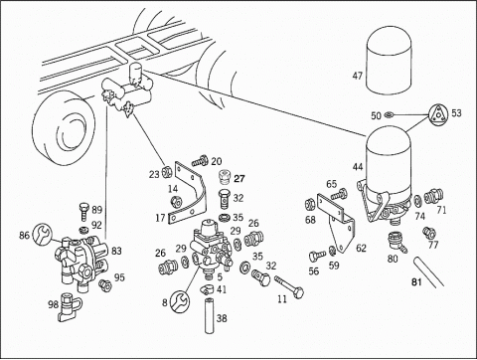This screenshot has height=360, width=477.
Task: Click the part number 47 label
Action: coord(358,76)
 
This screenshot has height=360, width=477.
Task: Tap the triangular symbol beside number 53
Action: coord(439,114)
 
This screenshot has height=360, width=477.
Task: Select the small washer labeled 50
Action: coord(389,115)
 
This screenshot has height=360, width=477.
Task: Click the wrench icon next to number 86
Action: coord(43,234)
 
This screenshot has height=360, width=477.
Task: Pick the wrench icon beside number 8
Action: coord(180,301)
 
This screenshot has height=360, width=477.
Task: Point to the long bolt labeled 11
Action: coord(289,287)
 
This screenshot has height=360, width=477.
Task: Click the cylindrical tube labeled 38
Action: coord(210,316)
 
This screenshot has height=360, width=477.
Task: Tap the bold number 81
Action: coord(416,282)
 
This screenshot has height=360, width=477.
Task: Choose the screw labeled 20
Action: coord(200,162)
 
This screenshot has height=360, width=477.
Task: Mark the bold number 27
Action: coord(239,179)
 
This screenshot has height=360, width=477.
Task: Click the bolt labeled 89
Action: coord(84,212)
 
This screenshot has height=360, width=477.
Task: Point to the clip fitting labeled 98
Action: coord(70,307)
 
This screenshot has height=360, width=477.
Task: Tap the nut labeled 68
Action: coord(310,203)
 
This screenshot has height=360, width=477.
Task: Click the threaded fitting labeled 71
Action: coord(434,195)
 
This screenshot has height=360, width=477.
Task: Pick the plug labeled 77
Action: coord(429,233)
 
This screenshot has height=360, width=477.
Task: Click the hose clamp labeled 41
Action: coord(207,289)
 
